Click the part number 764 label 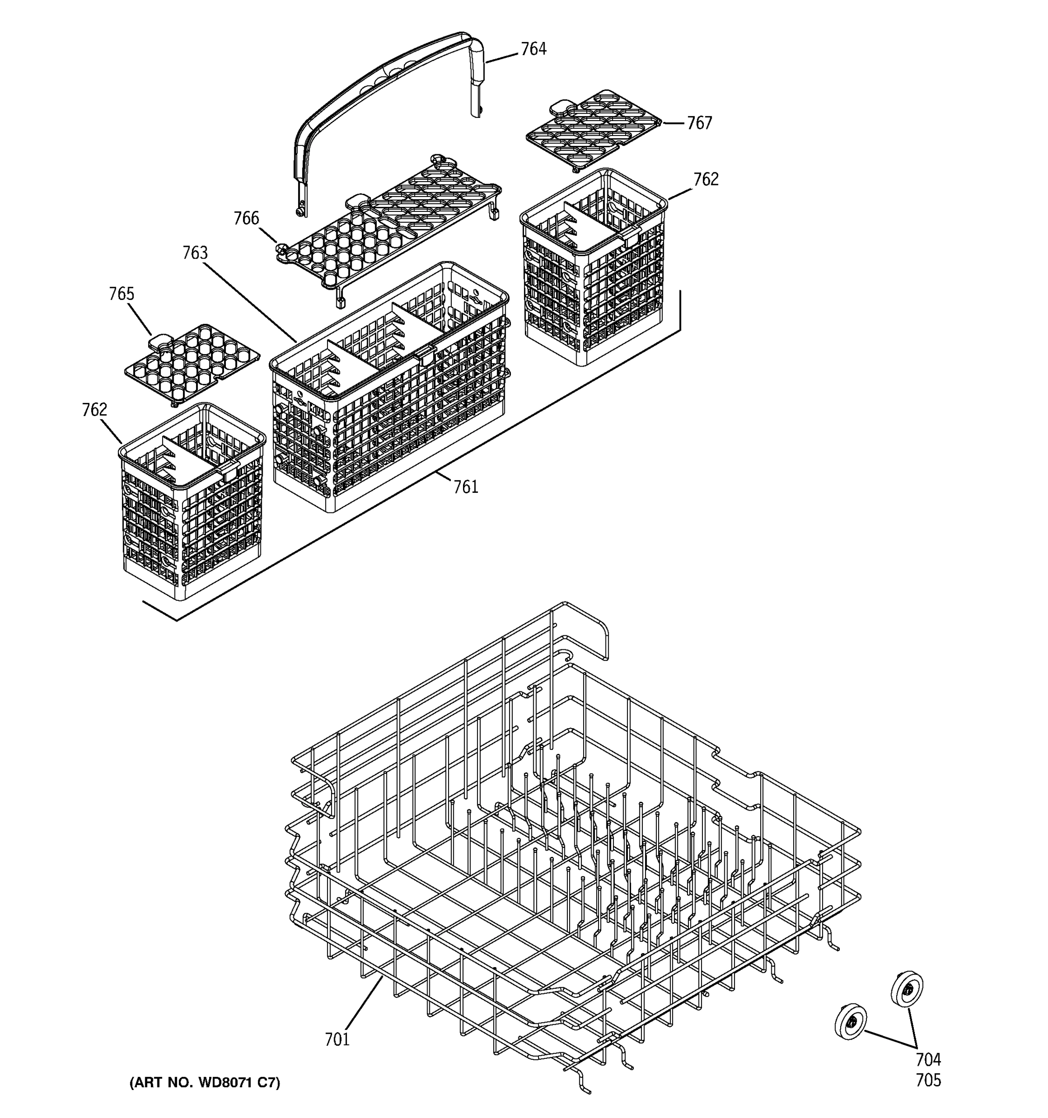pyautogui.click(x=533, y=49)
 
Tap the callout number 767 pyautogui.click(x=700, y=123)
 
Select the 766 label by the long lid pyautogui.click(x=246, y=218)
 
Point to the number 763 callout pyautogui.click(x=195, y=253)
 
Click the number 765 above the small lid pyautogui.click(x=122, y=294)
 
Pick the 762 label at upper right pyautogui.click(x=706, y=179)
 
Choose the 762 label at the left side pyautogui.click(x=95, y=410)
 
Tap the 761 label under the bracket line pyautogui.click(x=466, y=487)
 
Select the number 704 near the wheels pyautogui.click(x=928, y=1059)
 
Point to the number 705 pyautogui.click(x=928, y=1080)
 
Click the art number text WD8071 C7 pyautogui.click(x=204, y=1083)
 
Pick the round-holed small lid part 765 pyautogui.click(x=191, y=363)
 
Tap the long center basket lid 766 pyautogui.click(x=388, y=231)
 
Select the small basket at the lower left pyautogui.click(x=191, y=500)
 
